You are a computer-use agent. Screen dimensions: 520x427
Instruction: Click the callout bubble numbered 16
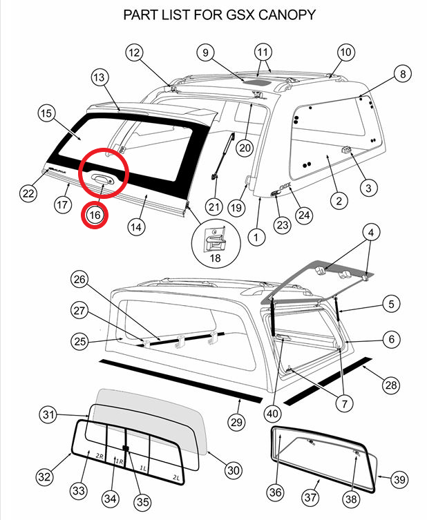point(95,215)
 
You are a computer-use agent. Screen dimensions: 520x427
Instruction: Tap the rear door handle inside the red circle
point(101,179)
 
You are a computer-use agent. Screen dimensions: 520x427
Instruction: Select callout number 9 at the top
point(205,52)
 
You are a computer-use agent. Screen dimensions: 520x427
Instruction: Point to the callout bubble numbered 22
point(28,193)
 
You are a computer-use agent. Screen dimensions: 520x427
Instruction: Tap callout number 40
point(273,414)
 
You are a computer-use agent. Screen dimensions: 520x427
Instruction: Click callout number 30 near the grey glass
point(233,470)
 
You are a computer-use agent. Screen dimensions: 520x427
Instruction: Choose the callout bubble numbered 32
point(45,476)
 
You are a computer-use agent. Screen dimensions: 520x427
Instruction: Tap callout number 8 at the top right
point(402,74)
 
